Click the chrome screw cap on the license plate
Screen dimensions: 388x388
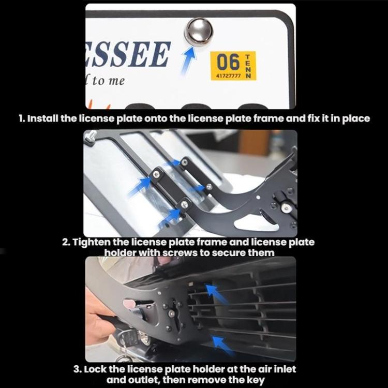199,32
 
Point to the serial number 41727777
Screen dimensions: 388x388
227,76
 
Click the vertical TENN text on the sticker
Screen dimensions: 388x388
248,66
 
